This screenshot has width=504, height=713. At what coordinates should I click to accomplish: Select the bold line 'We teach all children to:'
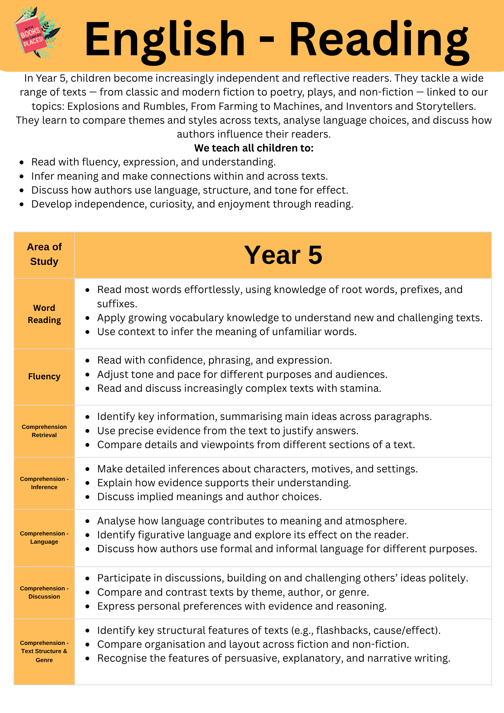pyautogui.click(x=254, y=148)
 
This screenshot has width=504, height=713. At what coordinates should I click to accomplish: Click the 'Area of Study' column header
pyautogui.click(x=44, y=254)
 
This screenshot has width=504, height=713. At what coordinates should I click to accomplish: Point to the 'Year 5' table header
pyautogui.click(x=283, y=255)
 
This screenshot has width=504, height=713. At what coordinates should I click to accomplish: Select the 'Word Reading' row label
pyautogui.click(x=44, y=314)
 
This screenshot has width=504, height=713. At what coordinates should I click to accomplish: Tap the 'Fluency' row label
pyautogui.click(x=44, y=376)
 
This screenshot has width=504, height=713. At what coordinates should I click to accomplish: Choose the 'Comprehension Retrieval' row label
pyautogui.click(x=44, y=431)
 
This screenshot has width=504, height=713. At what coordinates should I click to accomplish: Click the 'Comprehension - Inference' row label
pyautogui.click(x=44, y=483)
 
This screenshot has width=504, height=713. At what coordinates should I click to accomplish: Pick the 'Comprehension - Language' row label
pyautogui.click(x=44, y=538)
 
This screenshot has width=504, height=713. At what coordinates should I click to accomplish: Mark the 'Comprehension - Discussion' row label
pyautogui.click(x=44, y=593)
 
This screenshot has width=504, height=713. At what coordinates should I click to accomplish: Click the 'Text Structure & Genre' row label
pyautogui.click(x=44, y=651)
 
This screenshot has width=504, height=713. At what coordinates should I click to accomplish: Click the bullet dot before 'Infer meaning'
pyautogui.click(x=22, y=176)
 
